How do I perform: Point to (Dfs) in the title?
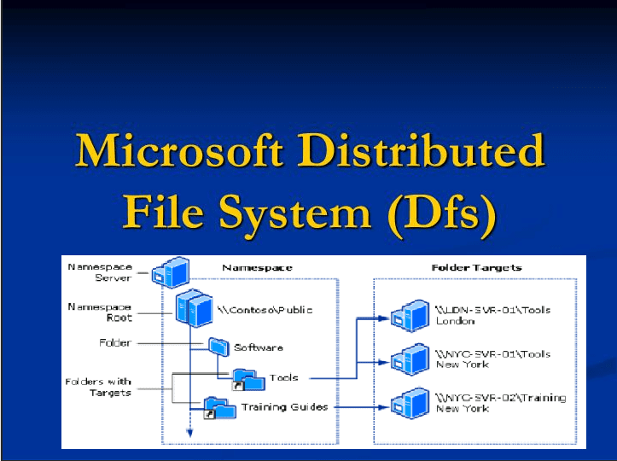tap(440, 212)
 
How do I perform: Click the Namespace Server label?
tap(100, 272)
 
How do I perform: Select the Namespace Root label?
tap(100, 312)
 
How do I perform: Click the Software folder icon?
tap(218, 347)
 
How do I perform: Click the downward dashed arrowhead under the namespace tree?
tap(190, 435)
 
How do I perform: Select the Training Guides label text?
tap(284, 407)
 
